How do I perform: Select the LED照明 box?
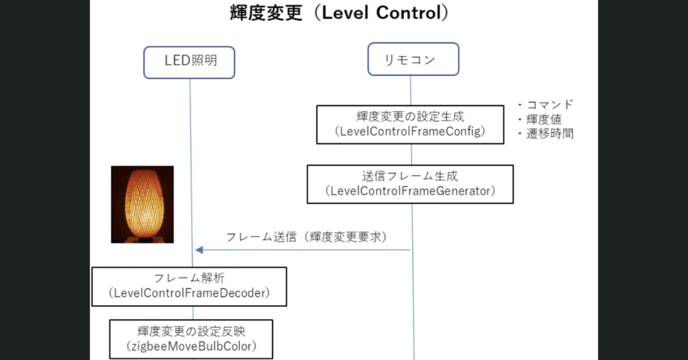coord(190,60)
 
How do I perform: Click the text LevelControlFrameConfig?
coord(410,132)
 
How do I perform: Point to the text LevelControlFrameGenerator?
coord(410,191)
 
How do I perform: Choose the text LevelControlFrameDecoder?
coord(189,294)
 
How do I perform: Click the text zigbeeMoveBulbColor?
coord(191,346)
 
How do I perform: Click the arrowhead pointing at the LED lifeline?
coord(198,250)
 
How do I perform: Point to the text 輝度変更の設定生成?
coord(410,117)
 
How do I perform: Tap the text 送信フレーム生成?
coord(410,176)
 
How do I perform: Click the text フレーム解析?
coord(189,279)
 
